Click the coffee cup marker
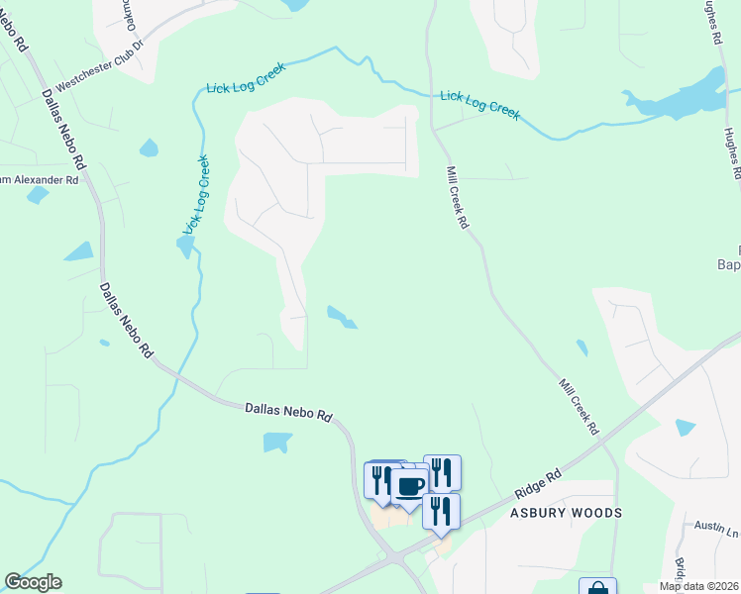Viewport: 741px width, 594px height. click(410, 485)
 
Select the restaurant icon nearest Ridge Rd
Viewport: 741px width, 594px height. click(442, 511)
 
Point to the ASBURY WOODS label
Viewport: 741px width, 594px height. click(566, 513)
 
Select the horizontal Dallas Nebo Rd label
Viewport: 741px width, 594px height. click(288, 410)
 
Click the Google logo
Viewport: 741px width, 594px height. click(33, 582)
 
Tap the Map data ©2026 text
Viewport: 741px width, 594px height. click(699, 586)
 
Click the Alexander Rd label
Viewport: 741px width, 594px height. click(39, 180)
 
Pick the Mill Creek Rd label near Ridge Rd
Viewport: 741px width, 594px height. click(579, 407)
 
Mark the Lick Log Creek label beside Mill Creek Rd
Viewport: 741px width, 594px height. click(479, 104)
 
